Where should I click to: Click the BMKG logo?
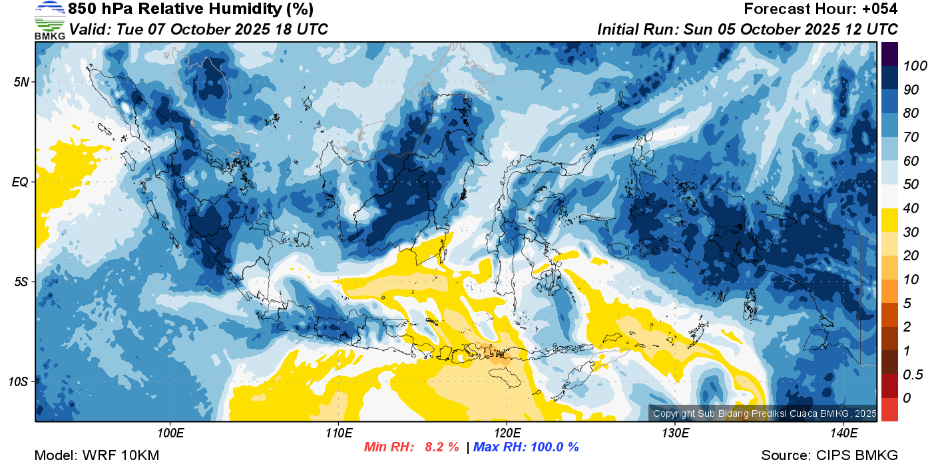point(50,20)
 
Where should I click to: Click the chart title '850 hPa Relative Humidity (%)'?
point(191,9)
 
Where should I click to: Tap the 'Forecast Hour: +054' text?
point(820,9)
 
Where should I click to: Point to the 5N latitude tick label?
point(21,82)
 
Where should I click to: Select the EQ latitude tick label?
point(21,182)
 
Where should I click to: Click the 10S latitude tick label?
point(19,381)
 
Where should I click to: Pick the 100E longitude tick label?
point(170,433)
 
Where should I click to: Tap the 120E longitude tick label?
point(507,433)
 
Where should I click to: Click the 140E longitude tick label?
point(844,433)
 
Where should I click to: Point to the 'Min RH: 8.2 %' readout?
point(411,447)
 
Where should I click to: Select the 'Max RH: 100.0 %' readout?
point(526,447)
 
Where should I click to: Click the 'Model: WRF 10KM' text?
point(97,455)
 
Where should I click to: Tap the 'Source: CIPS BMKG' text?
point(829,455)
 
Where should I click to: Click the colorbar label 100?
point(915,66)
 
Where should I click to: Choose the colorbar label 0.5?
point(913,375)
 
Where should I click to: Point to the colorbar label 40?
point(911,208)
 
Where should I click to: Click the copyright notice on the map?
point(764,413)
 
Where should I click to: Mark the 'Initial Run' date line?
point(747,29)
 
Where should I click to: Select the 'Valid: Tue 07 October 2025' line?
point(198,29)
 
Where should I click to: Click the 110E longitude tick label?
point(339,433)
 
